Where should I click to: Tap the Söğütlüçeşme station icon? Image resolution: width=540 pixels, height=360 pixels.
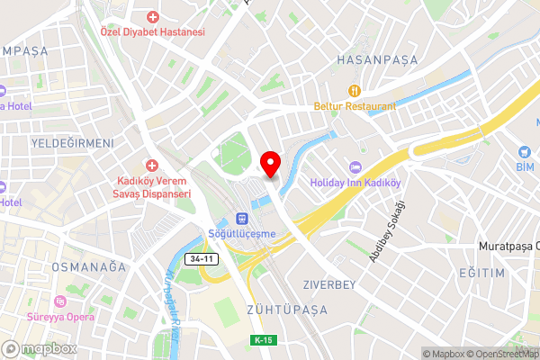pos(241,219)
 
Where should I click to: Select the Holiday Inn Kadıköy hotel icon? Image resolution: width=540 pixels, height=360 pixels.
pos(355,167)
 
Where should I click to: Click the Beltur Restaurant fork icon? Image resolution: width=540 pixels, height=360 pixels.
pos(355,90)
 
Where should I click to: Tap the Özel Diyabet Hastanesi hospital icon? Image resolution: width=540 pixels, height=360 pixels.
pos(153,17)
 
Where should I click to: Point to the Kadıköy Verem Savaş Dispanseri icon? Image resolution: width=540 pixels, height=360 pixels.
pos(153,166)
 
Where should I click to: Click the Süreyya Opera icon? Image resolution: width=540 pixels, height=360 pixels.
pos(61,301)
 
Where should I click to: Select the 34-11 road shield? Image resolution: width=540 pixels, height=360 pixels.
pos(202,259)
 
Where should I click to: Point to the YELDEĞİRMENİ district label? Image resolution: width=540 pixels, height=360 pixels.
pos(73,143)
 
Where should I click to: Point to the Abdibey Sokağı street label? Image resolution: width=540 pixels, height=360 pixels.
pos(388,231)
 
